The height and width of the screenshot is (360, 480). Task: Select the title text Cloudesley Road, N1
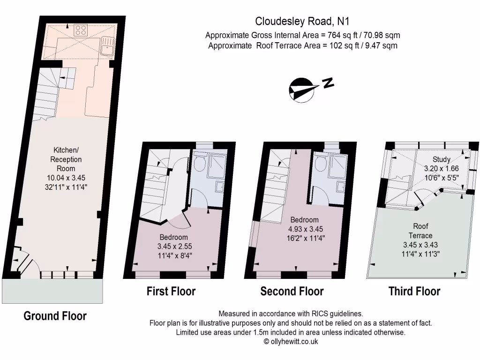302,21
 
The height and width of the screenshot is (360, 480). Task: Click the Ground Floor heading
55,316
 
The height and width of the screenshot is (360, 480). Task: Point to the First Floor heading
171,291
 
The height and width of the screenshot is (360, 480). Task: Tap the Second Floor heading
292,291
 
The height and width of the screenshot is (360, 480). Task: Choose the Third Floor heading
414,291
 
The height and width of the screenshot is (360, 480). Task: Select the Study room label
441,159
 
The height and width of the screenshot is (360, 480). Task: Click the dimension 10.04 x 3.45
66,178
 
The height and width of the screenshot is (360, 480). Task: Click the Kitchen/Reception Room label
66,159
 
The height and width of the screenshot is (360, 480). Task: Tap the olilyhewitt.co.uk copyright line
291,342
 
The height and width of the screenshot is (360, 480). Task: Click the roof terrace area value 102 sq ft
337,45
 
